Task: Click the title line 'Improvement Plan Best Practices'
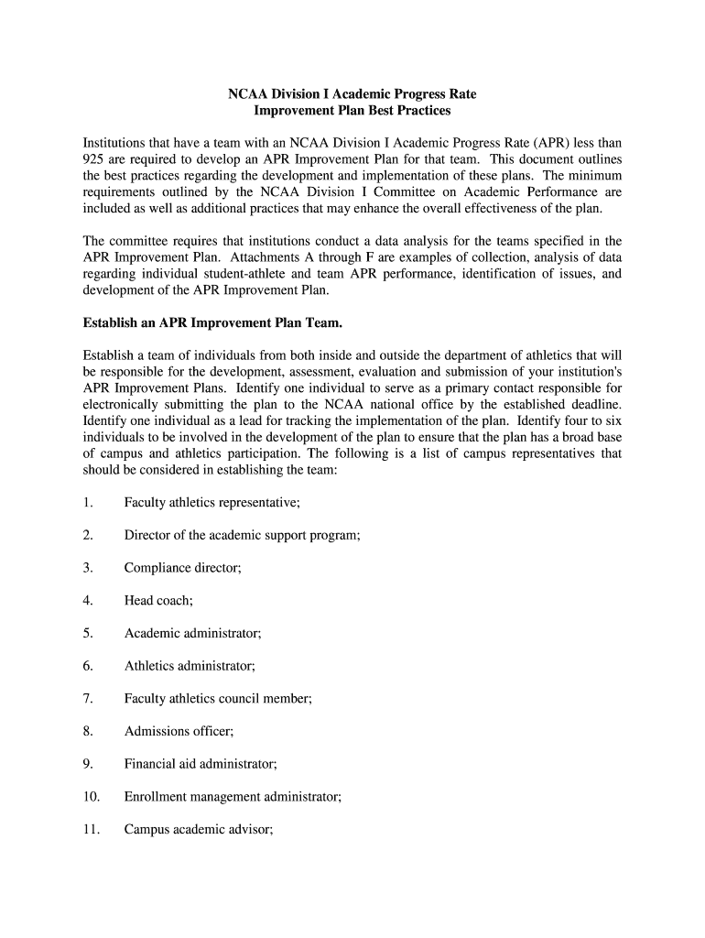pos(352,111)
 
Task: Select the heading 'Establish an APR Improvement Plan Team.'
pos(212,322)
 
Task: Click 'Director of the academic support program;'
pos(242,535)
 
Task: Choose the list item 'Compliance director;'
pos(182,568)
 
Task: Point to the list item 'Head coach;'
pos(158,601)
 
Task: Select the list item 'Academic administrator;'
pos(193,633)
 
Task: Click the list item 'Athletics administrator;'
pos(190,666)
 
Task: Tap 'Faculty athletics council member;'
pos(218,699)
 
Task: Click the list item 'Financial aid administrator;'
pos(201,764)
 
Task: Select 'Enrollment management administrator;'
pos(233,797)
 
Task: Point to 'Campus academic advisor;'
pos(199,830)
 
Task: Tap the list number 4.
pos(87,601)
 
